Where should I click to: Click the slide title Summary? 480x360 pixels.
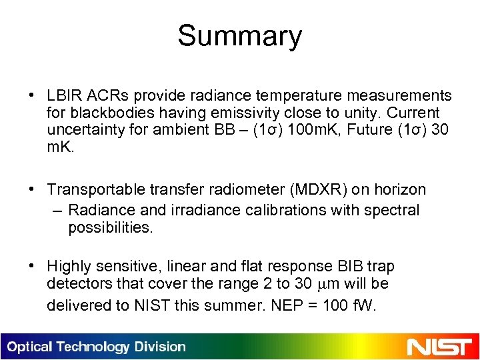[239, 36]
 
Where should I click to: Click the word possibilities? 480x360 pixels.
[110, 227]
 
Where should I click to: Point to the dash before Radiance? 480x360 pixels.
[57, 211]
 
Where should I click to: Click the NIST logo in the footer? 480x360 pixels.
[440, 347]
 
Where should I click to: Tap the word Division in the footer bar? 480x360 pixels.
[159, 347]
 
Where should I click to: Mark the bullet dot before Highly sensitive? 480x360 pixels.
[32, 267]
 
